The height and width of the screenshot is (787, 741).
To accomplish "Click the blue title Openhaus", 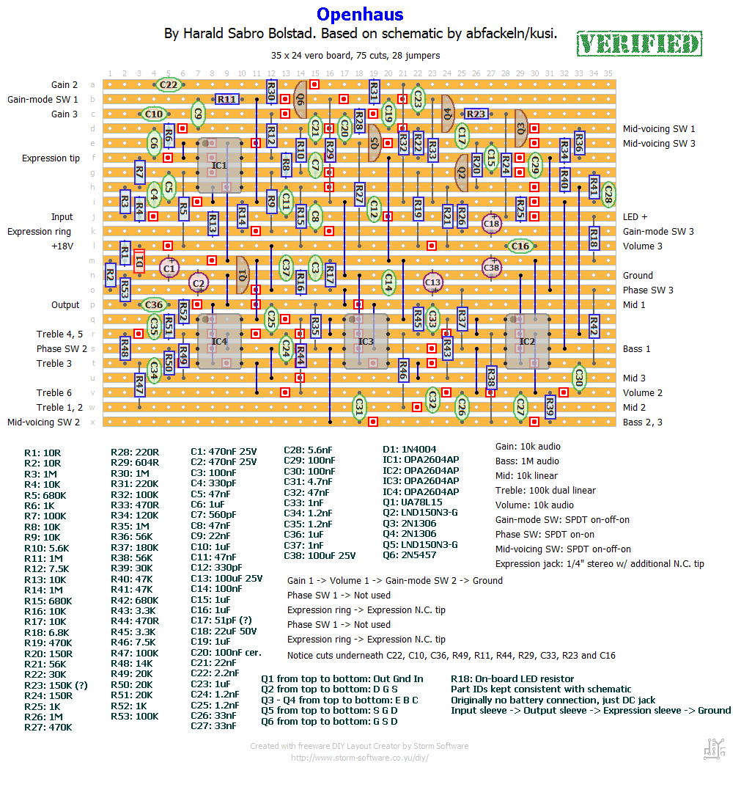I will pyautogui.click(x=360, y=14).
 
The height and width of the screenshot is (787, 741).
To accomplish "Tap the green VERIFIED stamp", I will pyautogui.click(x=639, y=44).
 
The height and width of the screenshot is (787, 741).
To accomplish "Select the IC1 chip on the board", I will pyautogui.click(x=219, y=166).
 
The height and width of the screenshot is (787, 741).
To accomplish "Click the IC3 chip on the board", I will pyautogui.click(x=366, y=341).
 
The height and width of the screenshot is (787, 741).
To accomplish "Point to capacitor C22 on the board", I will pyautogui.click(x=169, y=85).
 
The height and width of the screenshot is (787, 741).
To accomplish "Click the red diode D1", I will pyautogui.click(x=139, y=261).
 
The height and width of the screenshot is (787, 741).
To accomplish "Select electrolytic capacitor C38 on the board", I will pyautogui.click(x=491, y=268).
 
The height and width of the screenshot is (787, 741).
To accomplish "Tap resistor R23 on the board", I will pyautogui.click(x=476, y=114).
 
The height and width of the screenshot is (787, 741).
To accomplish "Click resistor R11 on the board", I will pyautogui.click(x=226, y=99).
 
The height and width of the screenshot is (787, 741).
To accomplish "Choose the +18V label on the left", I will pyautogui.click(x=62, y=246).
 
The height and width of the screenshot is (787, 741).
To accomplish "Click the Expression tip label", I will pyautogui.click(x=51, y=158).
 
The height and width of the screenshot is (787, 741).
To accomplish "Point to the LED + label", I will pyautogui.click(x=635, y=217).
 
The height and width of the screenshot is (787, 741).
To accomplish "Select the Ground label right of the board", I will pyautogui.click(x=638, y=276).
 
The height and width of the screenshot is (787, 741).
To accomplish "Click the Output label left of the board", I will pyautogui.click(x=65, y=305).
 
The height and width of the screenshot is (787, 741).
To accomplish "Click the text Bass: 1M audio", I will pyautogui.click(x=527, y=461).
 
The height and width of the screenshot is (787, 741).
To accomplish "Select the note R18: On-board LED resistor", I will pyautogui.click(x=512, y=679).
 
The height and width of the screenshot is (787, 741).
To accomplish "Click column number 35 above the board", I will pyautogui.click(x=608, y=73).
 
